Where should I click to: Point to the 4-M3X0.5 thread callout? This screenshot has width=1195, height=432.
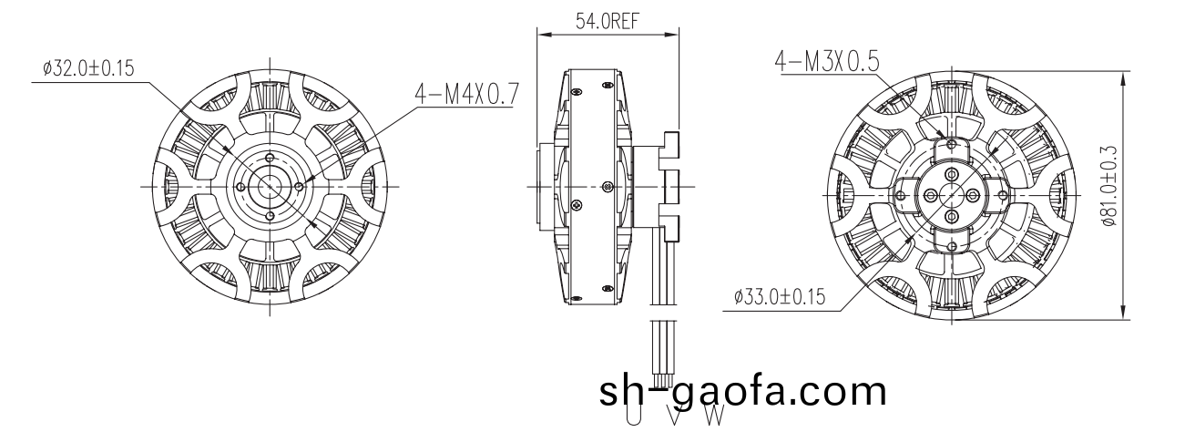(826, 61)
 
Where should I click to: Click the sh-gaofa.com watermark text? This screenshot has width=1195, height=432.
(742, 391)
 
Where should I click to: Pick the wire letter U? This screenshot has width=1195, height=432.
(632, 416)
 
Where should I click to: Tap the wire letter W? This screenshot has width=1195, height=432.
(715, 416)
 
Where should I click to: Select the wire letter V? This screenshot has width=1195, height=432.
(674, 416)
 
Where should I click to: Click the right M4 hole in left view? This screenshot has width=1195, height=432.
(300, 186)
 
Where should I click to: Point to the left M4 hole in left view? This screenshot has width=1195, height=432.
(240, 186)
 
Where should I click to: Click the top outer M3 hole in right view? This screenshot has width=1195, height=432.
(951, 144)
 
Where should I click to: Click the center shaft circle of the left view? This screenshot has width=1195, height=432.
(271, 186)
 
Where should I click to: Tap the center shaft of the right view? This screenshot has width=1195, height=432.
(951, 194)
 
